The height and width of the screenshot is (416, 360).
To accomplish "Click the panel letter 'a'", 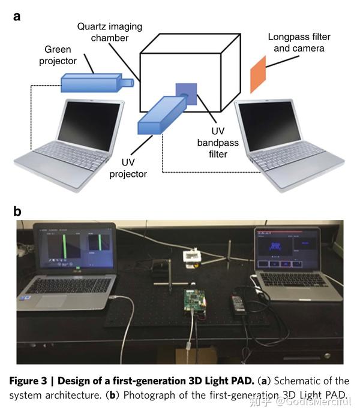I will pos(17,16).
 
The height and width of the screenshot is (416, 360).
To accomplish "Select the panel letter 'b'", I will pos(17,211).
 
